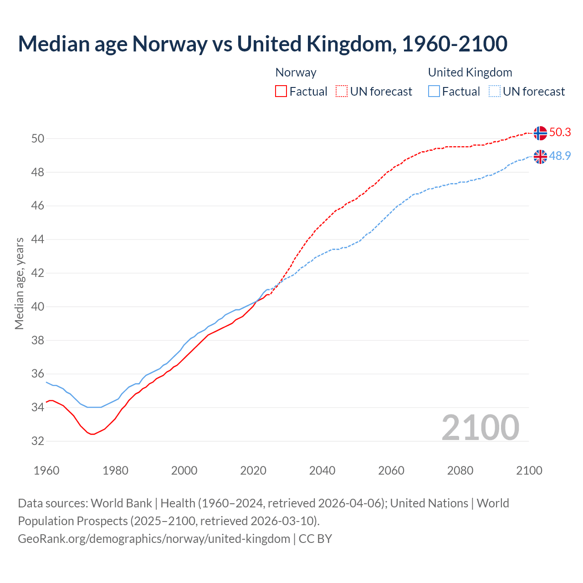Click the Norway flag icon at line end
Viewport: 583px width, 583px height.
540,133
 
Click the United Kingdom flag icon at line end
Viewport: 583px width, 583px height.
540,157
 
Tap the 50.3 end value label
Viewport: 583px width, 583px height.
560,132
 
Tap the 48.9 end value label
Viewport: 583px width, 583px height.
560,156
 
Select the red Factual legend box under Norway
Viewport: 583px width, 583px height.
281,91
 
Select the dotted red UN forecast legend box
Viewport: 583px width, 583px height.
342,91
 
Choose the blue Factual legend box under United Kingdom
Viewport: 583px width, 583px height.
434,91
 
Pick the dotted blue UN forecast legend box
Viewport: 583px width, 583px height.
494,91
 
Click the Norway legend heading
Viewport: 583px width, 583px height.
296,72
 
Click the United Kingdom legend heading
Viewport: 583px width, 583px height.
470,72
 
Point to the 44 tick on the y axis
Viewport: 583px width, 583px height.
37,240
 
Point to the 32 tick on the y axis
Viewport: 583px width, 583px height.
37,441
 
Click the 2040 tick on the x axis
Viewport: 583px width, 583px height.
322,470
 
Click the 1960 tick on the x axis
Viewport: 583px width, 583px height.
46,470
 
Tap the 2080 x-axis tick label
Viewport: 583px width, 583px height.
460,470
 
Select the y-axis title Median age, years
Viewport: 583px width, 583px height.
19,283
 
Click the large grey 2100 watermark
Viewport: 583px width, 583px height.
480,427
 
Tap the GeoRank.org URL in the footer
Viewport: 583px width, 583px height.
154,539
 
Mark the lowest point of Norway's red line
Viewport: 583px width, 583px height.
92,434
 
